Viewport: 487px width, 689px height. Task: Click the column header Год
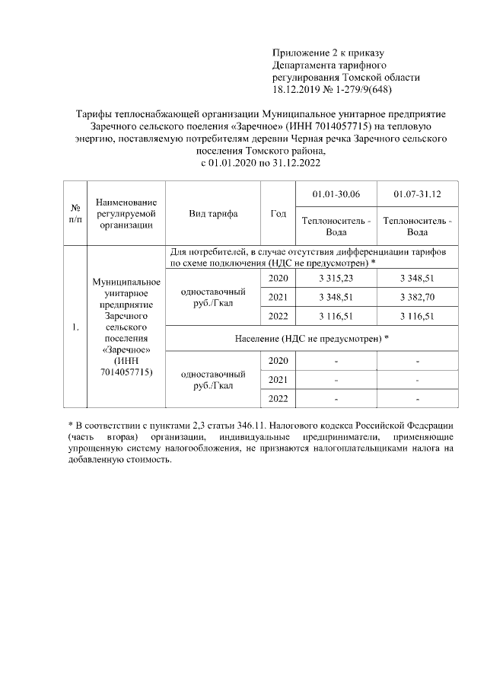coord(278,213)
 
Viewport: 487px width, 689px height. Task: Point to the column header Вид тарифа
coord(213,213)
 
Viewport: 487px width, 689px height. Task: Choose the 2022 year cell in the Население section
coord(278,398)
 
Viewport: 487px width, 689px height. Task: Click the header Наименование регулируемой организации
coord(126,213)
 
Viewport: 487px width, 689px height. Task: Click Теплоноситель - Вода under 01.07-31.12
coord(417,226)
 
